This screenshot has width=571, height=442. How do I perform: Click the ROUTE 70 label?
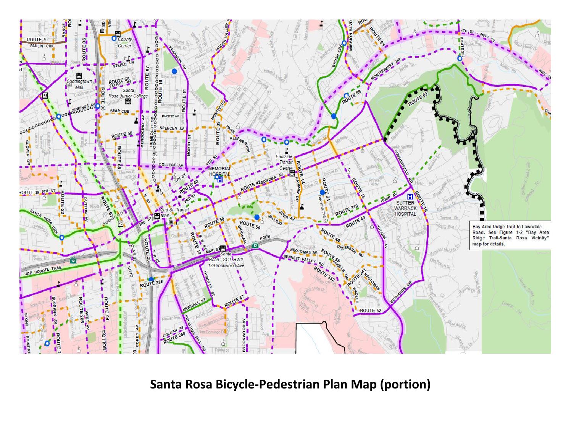tap(37, 40)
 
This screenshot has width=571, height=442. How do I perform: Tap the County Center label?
tap(125, 42)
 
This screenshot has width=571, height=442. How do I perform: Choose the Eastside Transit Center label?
tap(285, 162)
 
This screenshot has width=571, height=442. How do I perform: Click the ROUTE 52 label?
tap(371, 310)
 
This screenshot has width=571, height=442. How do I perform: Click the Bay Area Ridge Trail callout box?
tap(510, 235)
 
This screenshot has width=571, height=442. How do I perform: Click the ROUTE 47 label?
tap(234, 302)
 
